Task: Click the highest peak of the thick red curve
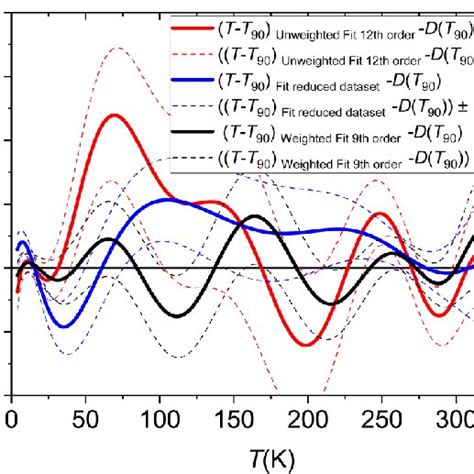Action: point(113,115)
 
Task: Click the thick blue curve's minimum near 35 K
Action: point(63,326)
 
